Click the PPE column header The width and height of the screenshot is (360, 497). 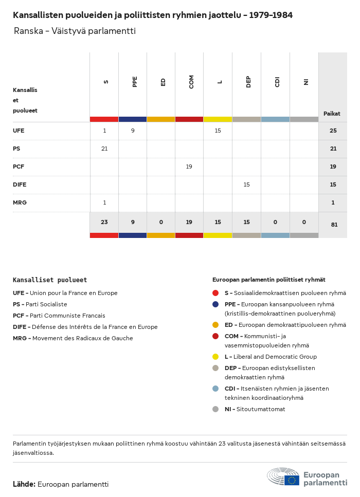135,82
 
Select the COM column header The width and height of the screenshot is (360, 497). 191,82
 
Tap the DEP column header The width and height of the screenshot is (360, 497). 248,82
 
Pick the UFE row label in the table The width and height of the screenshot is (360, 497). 19,131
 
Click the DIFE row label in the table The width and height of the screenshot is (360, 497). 20,185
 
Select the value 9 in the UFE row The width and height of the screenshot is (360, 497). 133,131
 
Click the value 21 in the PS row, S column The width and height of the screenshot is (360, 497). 104,149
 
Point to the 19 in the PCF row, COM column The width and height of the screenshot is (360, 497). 189,167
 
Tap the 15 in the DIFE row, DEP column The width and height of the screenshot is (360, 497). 246,185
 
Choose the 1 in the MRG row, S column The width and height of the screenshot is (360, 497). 104,203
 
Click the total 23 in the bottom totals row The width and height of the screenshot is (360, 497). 104,223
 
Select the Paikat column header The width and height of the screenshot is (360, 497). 332,114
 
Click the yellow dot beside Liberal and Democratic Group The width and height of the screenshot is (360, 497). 215,357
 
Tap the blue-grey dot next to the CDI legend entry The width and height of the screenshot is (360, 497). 215,389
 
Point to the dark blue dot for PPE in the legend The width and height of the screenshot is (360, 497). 215,304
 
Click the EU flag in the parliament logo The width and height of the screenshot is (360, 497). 292,480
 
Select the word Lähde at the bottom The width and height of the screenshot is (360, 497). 24,484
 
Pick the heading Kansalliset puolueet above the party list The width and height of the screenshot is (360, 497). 50,280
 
